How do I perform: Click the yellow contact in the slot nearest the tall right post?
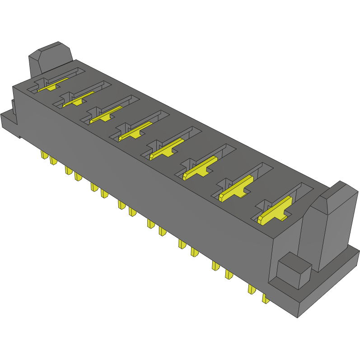click(x=274, y=211)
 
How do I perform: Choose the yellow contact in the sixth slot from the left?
click(x=199, y=168)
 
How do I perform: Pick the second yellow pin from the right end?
click(x=251, y=289)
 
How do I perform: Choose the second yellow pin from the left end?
click(x=53, y=160)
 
